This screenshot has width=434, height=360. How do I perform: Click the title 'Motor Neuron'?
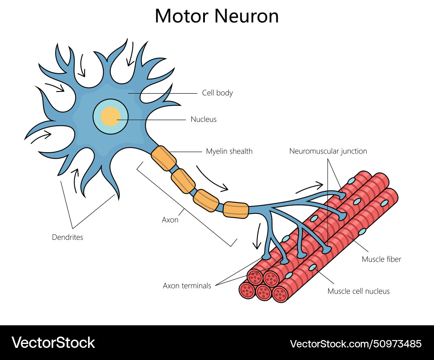coord(217,16)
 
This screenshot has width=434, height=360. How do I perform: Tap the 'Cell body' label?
coord(217,93)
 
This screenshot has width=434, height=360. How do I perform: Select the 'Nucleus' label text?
coord(204,119)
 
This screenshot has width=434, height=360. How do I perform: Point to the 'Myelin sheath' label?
coord(229,151)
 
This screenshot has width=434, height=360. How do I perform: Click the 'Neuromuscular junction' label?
coord(328,151)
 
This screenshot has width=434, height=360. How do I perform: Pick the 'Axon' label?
coord(170,220)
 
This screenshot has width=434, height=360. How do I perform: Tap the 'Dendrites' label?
coord(67,237)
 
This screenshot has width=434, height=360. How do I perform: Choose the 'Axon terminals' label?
coord(187,285)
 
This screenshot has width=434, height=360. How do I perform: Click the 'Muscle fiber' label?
coord(381,259)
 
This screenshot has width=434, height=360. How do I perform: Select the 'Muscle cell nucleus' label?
coord(358,291)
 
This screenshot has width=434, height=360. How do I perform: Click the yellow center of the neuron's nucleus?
coord(110,117)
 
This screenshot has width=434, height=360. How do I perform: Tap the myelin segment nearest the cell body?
coord(164,157)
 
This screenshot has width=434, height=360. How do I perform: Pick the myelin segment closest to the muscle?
coord(236,209)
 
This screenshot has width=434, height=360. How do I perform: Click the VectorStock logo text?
coord(53,343)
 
